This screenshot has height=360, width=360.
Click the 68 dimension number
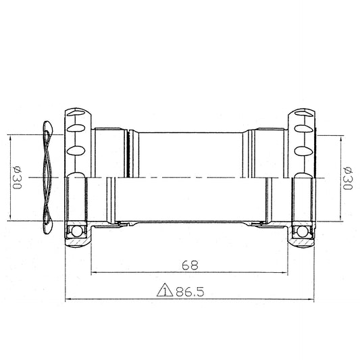(190, 265)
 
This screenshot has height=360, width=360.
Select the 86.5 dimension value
(190, 292)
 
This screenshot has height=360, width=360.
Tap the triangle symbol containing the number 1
(165, 290)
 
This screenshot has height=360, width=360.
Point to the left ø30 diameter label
(17, 178)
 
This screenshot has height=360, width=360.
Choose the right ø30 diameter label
(347, 178)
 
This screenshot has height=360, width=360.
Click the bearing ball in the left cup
(77, 231)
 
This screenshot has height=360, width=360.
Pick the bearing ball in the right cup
(302, 231)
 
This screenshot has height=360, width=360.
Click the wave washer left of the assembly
(47, 177)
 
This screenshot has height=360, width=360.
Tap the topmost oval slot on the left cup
(77, 113)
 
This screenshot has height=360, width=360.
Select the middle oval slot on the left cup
(76, 128)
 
